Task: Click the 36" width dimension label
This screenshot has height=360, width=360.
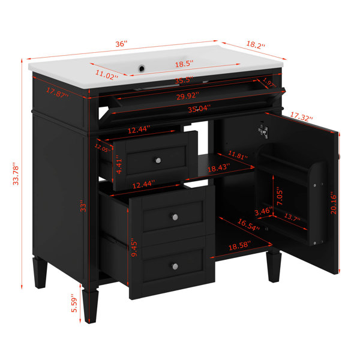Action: point(121,43)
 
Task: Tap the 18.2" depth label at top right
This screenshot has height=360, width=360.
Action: point(256,44)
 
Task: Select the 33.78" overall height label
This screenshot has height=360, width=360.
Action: point(16,173)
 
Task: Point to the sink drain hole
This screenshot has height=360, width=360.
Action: point(142,68)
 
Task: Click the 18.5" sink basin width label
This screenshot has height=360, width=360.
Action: point(184,64)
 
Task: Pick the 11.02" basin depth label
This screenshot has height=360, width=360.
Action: point(107,74)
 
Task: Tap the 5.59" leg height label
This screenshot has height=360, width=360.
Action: point(74,303)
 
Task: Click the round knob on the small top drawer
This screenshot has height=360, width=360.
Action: point(158,160)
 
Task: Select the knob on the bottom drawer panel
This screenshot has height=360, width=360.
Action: point(175,266)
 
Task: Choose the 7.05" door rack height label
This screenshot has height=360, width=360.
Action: point(280,197)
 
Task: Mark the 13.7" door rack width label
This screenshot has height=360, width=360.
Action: point(292,217)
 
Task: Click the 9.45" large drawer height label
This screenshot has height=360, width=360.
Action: point(134,248)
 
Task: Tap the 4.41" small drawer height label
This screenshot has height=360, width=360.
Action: point(119,164)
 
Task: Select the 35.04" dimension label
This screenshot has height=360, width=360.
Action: point(199,109)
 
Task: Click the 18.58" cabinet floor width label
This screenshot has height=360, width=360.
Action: point(239,246)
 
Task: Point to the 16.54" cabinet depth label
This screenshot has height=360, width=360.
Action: point(248,225)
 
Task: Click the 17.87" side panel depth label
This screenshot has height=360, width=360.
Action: point(58,93)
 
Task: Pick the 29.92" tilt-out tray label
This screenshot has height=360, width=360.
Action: point(188,96)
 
